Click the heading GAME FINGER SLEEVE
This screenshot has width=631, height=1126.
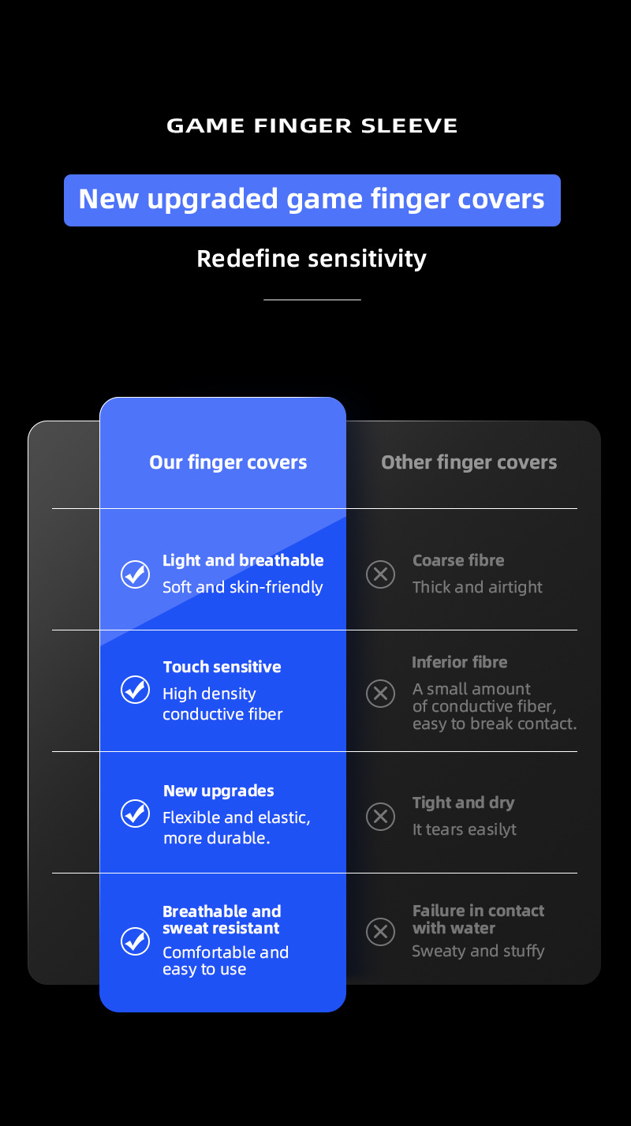click(x=312, y=125)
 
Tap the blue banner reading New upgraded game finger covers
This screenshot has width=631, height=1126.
click(x=312, y=200)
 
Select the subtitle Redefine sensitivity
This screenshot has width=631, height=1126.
click(x=312, y=259)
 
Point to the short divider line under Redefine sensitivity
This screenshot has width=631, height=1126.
click(x=312, y=300)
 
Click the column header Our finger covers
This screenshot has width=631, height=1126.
click(x=228, y=462)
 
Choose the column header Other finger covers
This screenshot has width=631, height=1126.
click(x=469, y=462)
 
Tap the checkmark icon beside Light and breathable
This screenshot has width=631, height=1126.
click(x=135, y=574)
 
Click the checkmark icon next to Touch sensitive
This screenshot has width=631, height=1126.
click(x=135, y=690)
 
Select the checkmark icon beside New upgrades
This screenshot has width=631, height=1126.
click(x=135, y=813)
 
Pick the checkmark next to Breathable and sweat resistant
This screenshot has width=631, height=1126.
click(x=135, y=941)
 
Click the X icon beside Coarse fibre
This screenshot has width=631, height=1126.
click(x=381, y=574)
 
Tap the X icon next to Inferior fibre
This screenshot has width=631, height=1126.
click(x=381, y=694)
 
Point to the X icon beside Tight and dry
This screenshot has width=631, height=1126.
click(x=381, y=815)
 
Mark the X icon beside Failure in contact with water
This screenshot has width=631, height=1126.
click(x=381, y=932)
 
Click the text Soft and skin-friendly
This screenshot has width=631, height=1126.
click(x=242, y=587)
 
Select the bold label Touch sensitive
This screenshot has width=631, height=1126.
click(x=222, y=667)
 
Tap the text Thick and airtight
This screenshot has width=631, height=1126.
click(x=477, y=587)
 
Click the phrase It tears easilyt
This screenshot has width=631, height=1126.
click(x=465, y=829)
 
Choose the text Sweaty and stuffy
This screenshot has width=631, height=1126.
click(x=478, y=951)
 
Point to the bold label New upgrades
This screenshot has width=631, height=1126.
click(x=218, y=791)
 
